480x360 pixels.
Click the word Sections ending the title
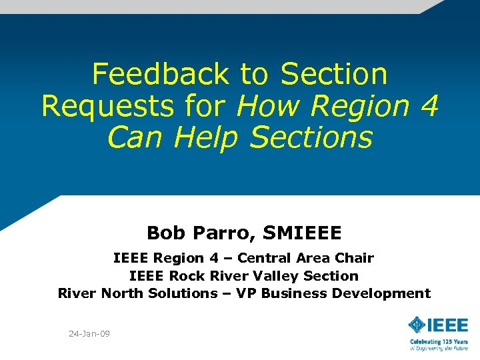pyautogui.click(x=311, y=138)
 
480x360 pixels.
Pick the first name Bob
pyautogui.click(x=163, y=233)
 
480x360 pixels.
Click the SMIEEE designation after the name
pyautogui.click(x=303, y=233)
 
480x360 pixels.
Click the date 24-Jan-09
pyautogui.click(x=89, y=333)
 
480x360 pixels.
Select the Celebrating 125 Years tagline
pyautogui.click(x=439, y=342)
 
